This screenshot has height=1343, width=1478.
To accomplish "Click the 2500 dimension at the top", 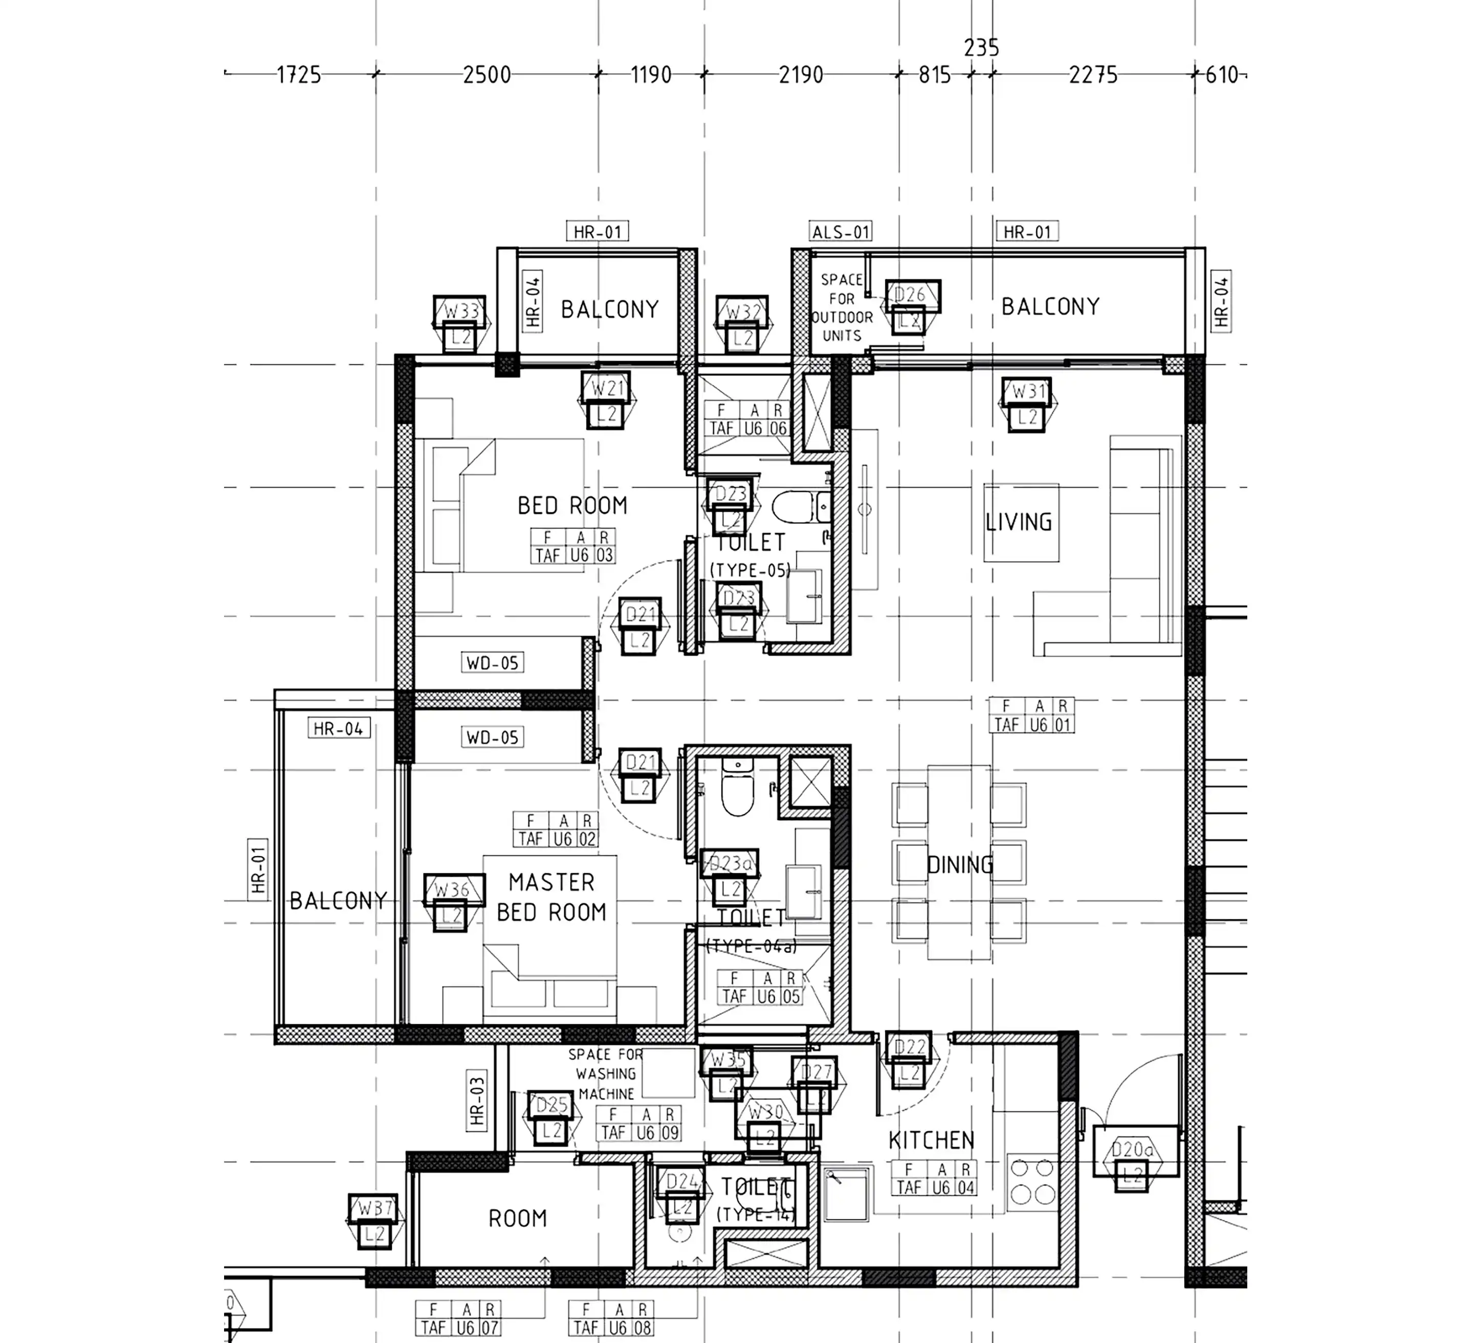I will coord(487,75).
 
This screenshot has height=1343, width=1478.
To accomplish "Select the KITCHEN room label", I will coord(931,1140).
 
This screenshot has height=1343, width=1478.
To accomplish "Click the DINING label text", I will coord(960,865).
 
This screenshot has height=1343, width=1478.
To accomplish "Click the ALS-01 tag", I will coord(841,232).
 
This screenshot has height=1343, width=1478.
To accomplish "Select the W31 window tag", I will coord(1027,392).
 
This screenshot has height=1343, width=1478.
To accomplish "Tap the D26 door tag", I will coord(911,295).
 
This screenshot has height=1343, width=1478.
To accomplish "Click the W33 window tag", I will coord(460,311).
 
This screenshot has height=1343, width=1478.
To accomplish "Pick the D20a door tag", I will coord(1133,1150).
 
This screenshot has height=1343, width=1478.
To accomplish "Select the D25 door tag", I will coord(552,1105).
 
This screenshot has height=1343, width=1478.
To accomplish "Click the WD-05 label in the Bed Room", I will coord(493,663).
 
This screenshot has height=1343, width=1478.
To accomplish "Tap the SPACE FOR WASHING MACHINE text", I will coord(606,1074).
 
